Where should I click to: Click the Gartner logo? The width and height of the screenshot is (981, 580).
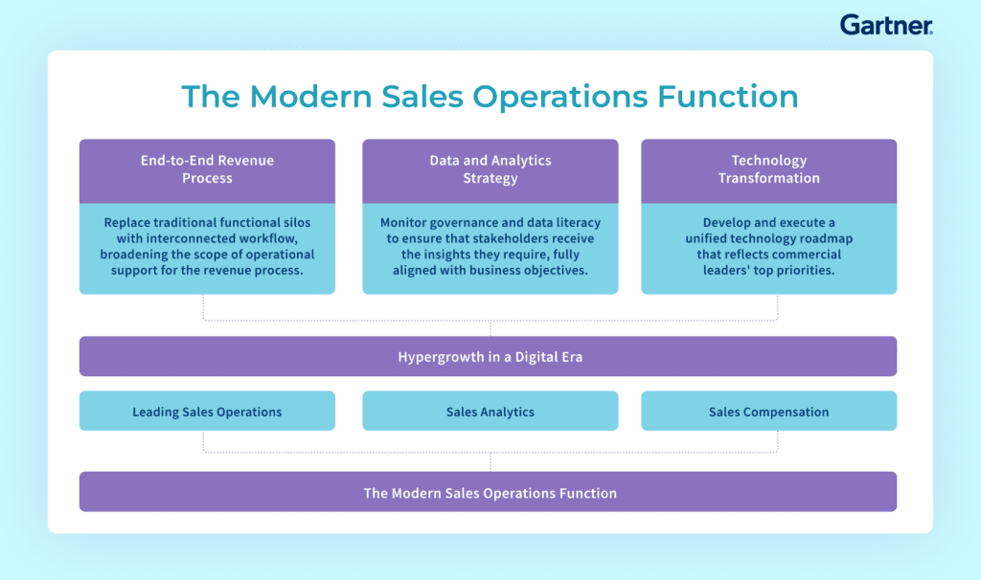pyautogui.click(x=886, y=25)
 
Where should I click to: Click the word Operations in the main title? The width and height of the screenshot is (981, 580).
pyautogui.click(x=559, y=97)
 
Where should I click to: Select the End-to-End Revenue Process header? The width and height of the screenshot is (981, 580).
pyautogui.click(x=207, y=171)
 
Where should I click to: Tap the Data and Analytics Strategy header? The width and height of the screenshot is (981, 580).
pyautogui.click(x=490, y=171)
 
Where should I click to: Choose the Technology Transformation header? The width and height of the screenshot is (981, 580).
pyautogui.click(x=769, y=171)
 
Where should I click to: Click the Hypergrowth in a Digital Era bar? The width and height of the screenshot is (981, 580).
pyautogui.click(x=488, y=356)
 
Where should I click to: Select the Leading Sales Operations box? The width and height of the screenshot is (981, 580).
pyautogui.click(x=207, y=411)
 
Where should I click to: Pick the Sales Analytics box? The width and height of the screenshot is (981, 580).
pyautogui.click(x=490, y=411)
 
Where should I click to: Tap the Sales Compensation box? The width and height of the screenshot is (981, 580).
pyautogui.click(x=769, y=411)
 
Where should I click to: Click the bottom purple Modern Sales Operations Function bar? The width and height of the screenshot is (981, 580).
pyautogui.click(x=488, y=492)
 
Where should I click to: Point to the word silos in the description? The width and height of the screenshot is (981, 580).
pyautogui.click(x=296, y=222)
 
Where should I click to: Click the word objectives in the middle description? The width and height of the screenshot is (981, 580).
pyautogui.click(x=556, y=271)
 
